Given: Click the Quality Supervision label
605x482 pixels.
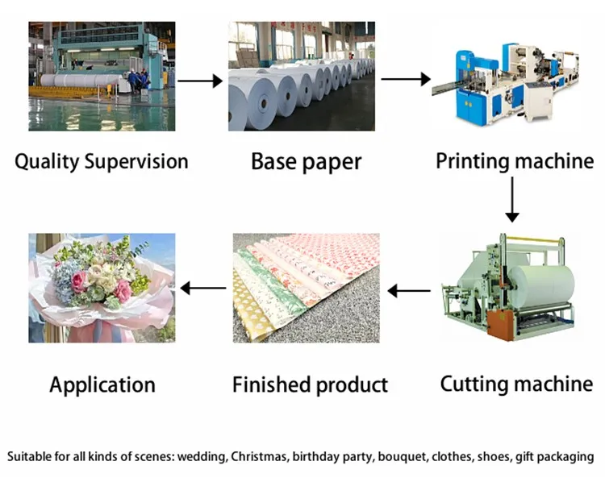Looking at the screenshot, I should point(102,161).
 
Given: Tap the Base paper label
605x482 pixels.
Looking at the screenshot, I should point(306,161).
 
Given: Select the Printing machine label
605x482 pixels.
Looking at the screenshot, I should point(515,160).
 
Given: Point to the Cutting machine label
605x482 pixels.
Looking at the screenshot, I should point(516,383).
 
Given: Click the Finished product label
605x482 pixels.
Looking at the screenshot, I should point(310,384).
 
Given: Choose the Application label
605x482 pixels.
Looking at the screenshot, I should point(102,384).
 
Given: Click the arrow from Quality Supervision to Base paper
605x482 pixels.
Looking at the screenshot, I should point(199,81).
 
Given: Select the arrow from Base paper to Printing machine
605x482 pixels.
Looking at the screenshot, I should point(405,80).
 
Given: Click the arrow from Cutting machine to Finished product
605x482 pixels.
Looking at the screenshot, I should point(411,289).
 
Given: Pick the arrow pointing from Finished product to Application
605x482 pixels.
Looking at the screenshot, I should point(202,288).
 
